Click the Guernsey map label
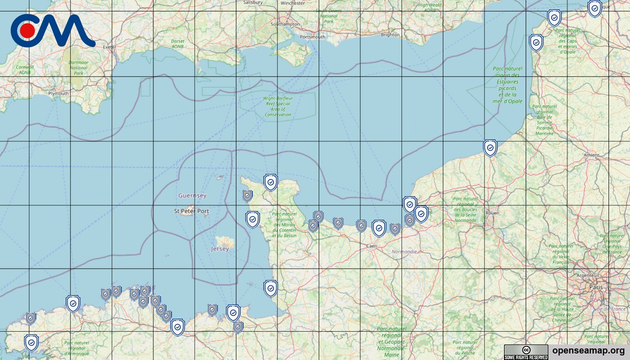(192, 196)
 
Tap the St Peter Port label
(192, 211)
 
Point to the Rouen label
(492, 213)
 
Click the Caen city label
(372, 246)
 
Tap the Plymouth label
(58, 94)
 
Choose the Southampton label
(285, 24)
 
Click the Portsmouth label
(312, 37)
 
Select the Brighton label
(390, 35)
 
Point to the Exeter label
(109, 47)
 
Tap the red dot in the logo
(28, 31)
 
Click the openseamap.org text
(589, 351)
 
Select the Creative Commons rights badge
(526, 352)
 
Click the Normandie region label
(405, 252)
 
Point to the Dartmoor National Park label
(78, 68)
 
